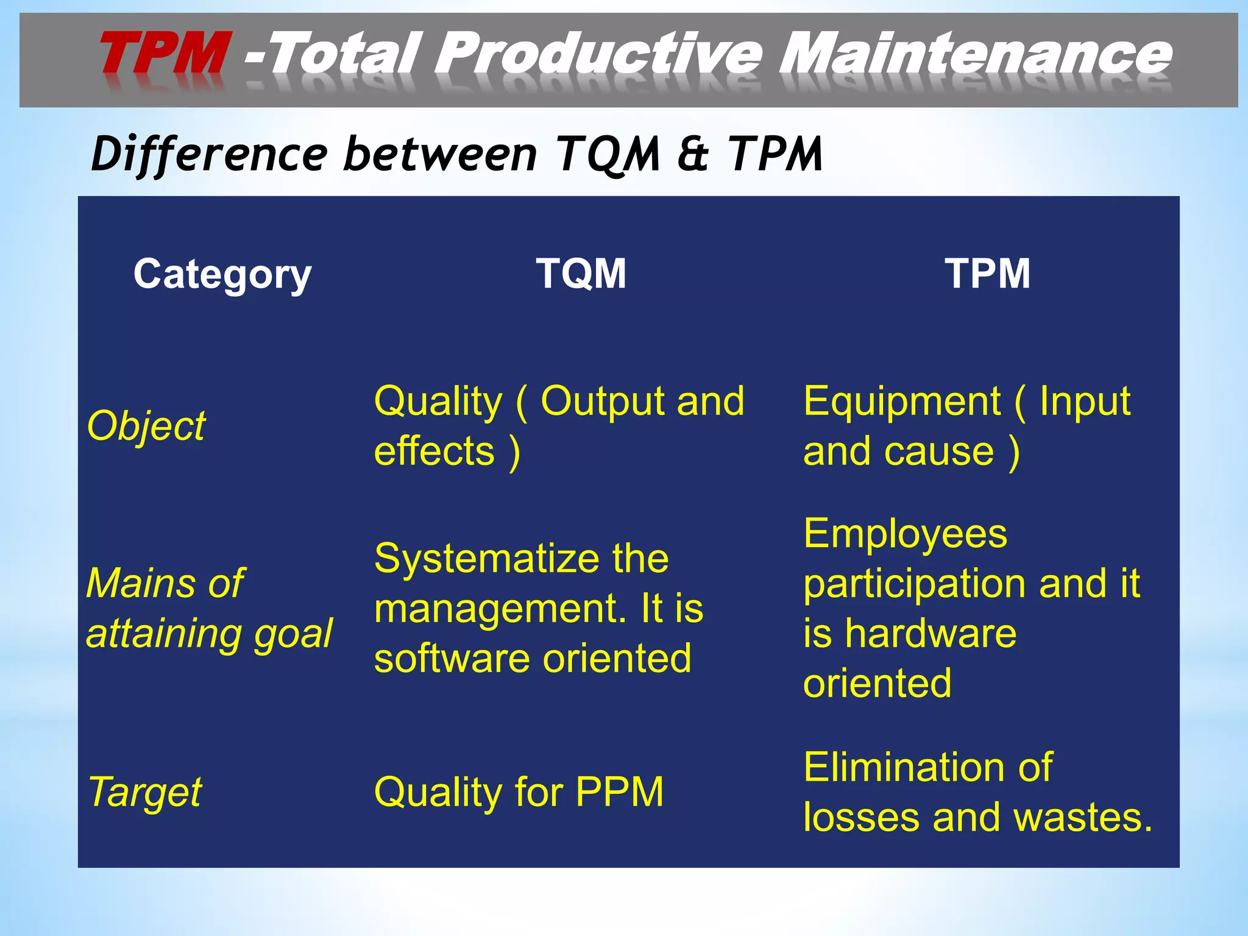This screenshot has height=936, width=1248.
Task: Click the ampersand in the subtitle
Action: click(693, 154)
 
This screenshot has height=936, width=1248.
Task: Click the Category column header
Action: click(222, 274)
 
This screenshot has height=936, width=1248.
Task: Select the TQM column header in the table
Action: click(581, 274)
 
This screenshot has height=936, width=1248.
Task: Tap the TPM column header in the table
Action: click(987, 274)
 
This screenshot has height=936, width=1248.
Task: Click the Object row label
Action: click(146, 426)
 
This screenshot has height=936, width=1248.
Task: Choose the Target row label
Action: click(145, 792)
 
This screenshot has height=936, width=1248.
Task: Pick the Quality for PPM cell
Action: click(519, 792)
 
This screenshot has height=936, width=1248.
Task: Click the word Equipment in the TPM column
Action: click(901, 402)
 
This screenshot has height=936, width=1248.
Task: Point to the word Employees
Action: click(905, 534)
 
